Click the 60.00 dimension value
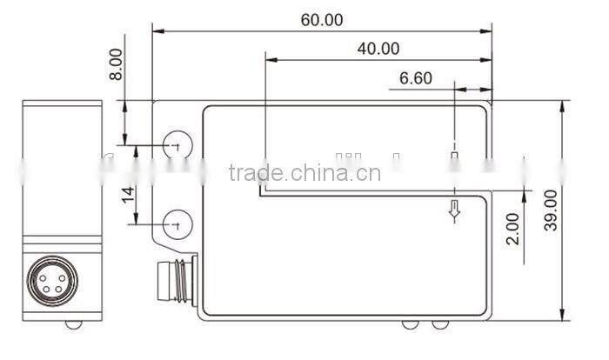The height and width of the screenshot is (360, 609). pyautogui.click(x=322, y=19)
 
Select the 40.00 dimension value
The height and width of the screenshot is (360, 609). pyautogui.click(x=378, y=49)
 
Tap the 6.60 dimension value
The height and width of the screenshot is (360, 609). pyautogui.click(x=416, y=78)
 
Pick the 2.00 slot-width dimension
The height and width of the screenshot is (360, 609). pyautogui.click(x=513, y=228)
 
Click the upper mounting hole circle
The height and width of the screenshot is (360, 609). pyautogui.click(x=177, y=147)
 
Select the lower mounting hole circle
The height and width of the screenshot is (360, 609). pyautogui.click(x=177, y=223)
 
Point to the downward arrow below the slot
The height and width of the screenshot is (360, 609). pyautogui.click(x=453, y=210)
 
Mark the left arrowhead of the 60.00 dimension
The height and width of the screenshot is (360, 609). pyautogui.click(x=157, y=30)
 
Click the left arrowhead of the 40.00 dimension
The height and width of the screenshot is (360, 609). pyautogui.click(x=270, y=60)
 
